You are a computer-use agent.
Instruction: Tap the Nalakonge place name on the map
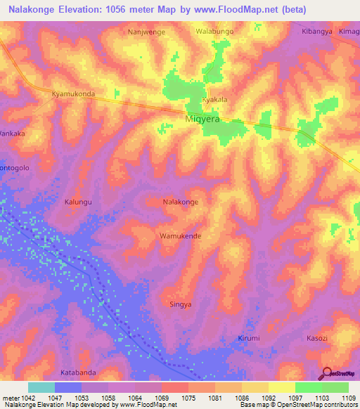point(181,202)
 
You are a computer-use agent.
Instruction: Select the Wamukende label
point(181,236)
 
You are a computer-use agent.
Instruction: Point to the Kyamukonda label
point(74,93)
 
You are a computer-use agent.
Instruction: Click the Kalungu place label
point(79,202)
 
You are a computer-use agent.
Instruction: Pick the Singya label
point(181,304)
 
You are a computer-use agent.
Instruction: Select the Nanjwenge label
point(146,32)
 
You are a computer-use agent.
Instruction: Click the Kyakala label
point(214,100)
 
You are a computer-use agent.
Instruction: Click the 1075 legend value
point(188,398)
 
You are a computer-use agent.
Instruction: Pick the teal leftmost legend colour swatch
point(41,387)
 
